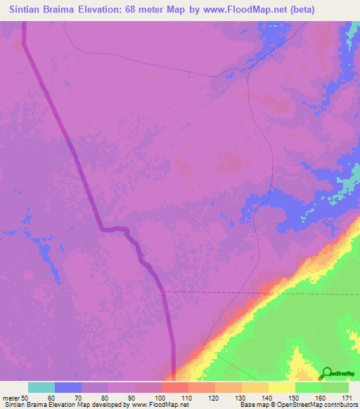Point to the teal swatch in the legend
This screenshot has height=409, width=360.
tap(41, 387)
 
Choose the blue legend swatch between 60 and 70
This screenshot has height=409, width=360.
tap(68, 387)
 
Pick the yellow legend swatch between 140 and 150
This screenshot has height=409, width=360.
tap(255, 387)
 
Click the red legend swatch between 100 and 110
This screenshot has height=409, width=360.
tap(175, 387)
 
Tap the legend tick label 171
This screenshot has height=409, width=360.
tap(347, 397)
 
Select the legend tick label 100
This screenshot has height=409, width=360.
tap(161, 397)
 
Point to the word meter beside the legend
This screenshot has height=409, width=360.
tap(11, 397)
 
